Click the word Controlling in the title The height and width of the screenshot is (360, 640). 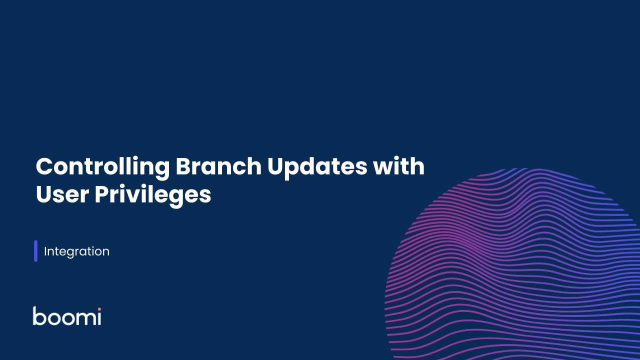click(102, 167)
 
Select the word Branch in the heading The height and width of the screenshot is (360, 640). click(218, 166)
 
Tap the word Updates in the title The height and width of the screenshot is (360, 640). click(317, 167)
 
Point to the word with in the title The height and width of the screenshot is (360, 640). click(399, 166)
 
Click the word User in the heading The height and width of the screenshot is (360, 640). click(62, 194)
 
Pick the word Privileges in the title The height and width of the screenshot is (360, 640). click(153, 195)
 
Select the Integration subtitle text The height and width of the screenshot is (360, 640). click(76, 251)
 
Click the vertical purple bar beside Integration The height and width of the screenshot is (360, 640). click(35, 251)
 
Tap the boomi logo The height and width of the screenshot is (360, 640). click(67, 315)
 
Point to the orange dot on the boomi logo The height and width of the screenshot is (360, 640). click(99, 309)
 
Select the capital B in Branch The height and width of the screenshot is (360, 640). click(183, 166)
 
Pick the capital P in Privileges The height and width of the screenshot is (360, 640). click(102, 194)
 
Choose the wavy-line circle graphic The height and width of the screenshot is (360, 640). click(512, 264)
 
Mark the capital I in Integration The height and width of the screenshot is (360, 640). click(45, 251)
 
